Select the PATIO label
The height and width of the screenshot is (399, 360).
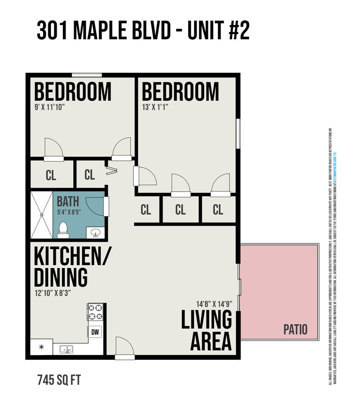(x=295, y=329)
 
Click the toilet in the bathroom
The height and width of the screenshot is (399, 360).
(x=63, y=230)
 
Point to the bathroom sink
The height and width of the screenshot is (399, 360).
(x=96, y=233)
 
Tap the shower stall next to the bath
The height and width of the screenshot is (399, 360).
(x=42, y=215)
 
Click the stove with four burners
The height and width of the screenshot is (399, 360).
(x=95, y=312)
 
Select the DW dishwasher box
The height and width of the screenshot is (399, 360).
(x=95, y=332)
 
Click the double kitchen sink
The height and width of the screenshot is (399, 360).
(x=66, y=349)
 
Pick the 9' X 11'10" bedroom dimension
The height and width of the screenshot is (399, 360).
(x=49, y=107)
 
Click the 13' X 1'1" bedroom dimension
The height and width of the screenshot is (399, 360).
(x=155, y=107)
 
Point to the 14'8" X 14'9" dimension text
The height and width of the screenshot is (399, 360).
(x=214, y=304)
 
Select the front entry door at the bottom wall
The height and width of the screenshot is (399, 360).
(x=125, y=349)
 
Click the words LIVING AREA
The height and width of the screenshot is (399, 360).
(x=207, y=330)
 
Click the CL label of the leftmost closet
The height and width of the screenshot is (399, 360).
(x=51, y=175)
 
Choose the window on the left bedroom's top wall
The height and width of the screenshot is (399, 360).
(x=86, y=75)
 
